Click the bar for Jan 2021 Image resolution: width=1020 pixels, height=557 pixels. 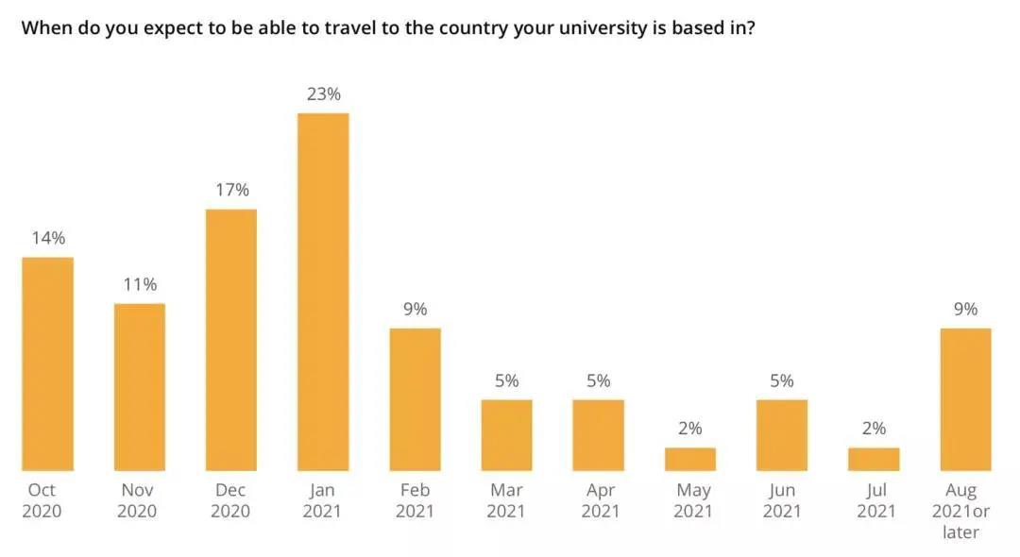pyautogui.click(x=323, y=292)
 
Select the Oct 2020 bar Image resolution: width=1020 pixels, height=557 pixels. pyautogui.click(x=47, y=363)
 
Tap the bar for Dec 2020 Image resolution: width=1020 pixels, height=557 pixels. pyautogui.click(x=231, y=340)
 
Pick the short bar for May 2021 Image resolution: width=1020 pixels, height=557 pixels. pyautogui.click(x=690, y=459)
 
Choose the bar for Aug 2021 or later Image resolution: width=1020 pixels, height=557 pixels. pyautogui.click(x=966, y=399)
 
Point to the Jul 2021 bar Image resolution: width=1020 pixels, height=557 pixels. pyautogui.click(x=874, y=459)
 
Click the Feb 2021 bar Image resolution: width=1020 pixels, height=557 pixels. pyautogui.click(x=415, y=399)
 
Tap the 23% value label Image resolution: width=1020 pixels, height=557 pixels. pyautogui.click(x=323, y=94)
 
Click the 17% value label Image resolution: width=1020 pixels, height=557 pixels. pyautogui.click(x=231, y=190)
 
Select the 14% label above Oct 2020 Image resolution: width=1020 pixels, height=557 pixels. pyautogui.click(x=47, y=238)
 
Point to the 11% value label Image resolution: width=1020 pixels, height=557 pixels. pyautogui.click(x=140, y=284)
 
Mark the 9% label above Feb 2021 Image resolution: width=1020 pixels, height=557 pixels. pyautogui.click(x=415, y=309)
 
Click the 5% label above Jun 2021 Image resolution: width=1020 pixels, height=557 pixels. pyautogui.click(x=782, y=380)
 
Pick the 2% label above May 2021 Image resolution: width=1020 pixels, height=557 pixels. pyautogui.click(x=690, y=429)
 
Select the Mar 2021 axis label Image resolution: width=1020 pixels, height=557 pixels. pyautogui.click(x=507, y=500)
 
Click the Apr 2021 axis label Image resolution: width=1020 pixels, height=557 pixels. pyautogui.click(x=599, y=500)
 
